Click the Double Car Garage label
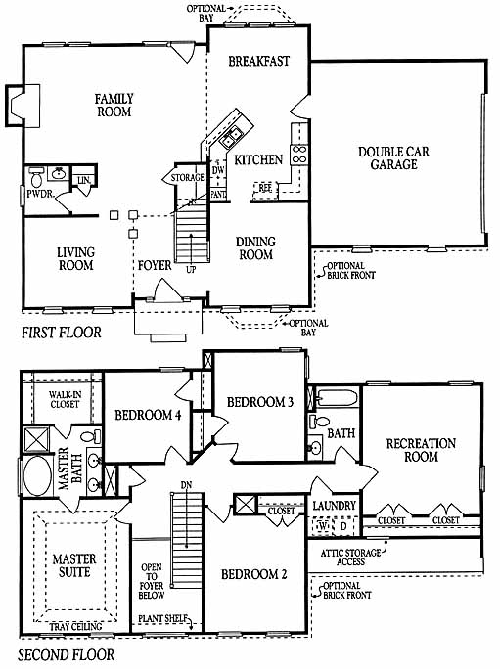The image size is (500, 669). coord(393,158)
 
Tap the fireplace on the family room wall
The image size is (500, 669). coord(23,106)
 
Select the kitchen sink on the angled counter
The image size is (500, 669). coord(231,137)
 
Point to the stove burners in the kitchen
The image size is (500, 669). coord(298,155)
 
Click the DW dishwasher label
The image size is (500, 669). coord(218,170)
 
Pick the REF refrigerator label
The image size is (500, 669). coord(265,188)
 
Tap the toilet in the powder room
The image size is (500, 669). coord(36,177)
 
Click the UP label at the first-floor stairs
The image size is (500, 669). coord(191,270)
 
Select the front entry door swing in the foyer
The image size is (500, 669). coord(168,290)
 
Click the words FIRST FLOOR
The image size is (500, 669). coord(62,333)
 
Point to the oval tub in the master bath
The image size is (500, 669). coord(37,476)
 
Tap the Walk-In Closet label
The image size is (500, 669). coord(65,399)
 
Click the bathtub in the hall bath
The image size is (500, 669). coord(338,398)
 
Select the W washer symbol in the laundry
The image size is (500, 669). coord(323,526)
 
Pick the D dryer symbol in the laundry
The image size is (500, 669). coord(343,526)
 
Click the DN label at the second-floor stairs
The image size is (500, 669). coord(186,485)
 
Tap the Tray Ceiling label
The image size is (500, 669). coord(75,626)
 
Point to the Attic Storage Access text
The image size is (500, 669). coord(350,557)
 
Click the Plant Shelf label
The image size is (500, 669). coord(163,618)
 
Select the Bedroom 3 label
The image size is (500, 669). coord(260,402)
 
